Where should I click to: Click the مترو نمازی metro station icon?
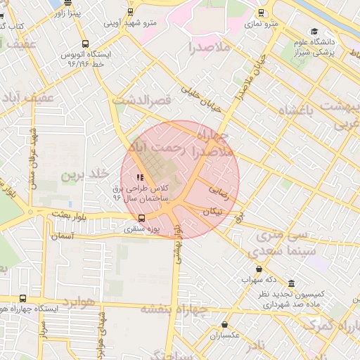point(262,13)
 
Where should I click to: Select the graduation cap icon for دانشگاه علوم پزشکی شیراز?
point(314,32)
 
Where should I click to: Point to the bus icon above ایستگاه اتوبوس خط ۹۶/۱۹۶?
point(86,43)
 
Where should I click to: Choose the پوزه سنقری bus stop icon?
point(141,218)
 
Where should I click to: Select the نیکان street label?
point(213,210)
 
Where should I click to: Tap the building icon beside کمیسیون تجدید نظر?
point(291,283)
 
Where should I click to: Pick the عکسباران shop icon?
point(224,324)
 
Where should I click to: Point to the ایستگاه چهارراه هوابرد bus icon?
point(23,298)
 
